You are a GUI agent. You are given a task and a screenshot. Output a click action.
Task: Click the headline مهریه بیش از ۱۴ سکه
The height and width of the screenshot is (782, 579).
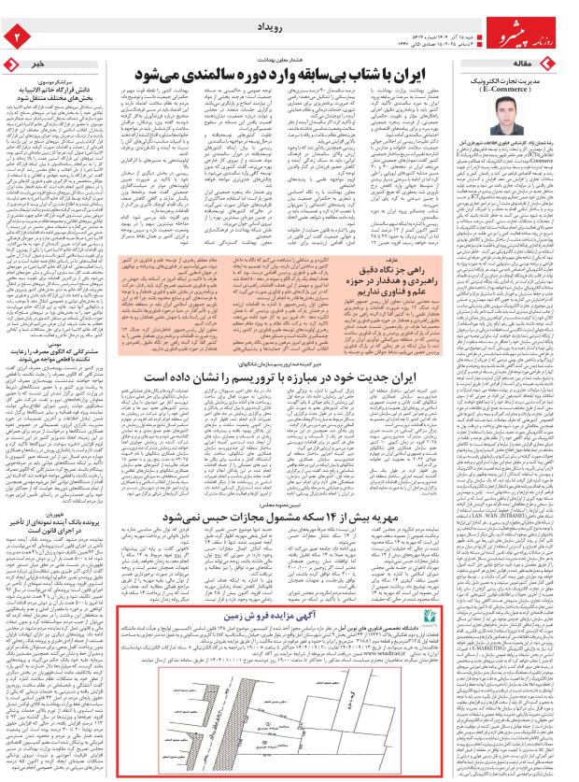[x=279, y=516]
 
